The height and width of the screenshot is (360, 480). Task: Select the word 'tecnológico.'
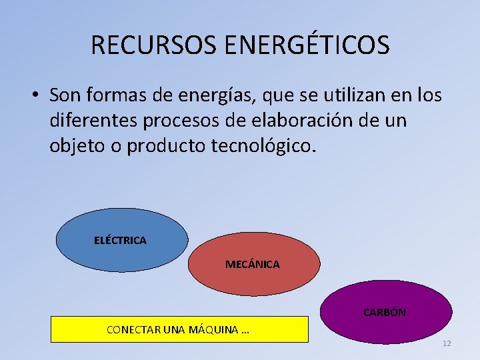click(265, 146)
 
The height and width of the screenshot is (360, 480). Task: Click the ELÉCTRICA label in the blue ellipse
click(120, 240)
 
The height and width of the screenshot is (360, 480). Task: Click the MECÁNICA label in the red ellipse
click(252, 265)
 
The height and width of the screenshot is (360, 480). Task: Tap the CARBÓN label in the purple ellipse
click(384, 312)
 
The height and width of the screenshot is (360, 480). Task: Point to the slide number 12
click(446, 343)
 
